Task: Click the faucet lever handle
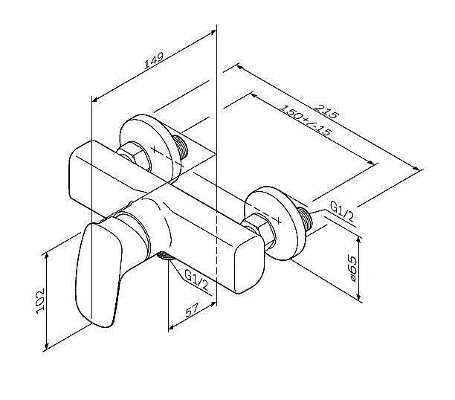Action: tap(97, 271)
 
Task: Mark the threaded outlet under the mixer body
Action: tap(166, 257)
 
